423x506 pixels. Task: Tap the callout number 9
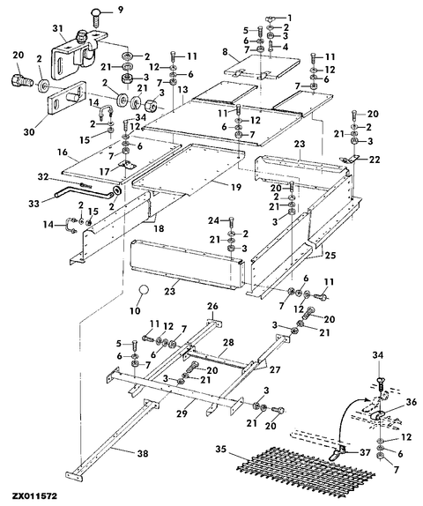[x=120, y=10]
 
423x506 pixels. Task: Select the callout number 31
[x=58, y=28]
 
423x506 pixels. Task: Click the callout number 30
[x=29, y=132]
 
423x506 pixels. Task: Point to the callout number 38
[x=143, y=453]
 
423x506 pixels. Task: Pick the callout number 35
[x=221, y=450]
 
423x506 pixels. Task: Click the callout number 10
[x=135, y=311]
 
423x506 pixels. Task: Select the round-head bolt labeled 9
[x=97, y=17]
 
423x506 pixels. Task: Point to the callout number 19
[x=236, y=187]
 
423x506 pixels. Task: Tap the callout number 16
[x=63, y=152]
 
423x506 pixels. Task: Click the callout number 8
[x=225, y=51]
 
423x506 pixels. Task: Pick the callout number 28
[x=228, y=342]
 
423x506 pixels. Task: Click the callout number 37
[x=365, y=452]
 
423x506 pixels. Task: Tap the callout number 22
[x=375, y=160]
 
